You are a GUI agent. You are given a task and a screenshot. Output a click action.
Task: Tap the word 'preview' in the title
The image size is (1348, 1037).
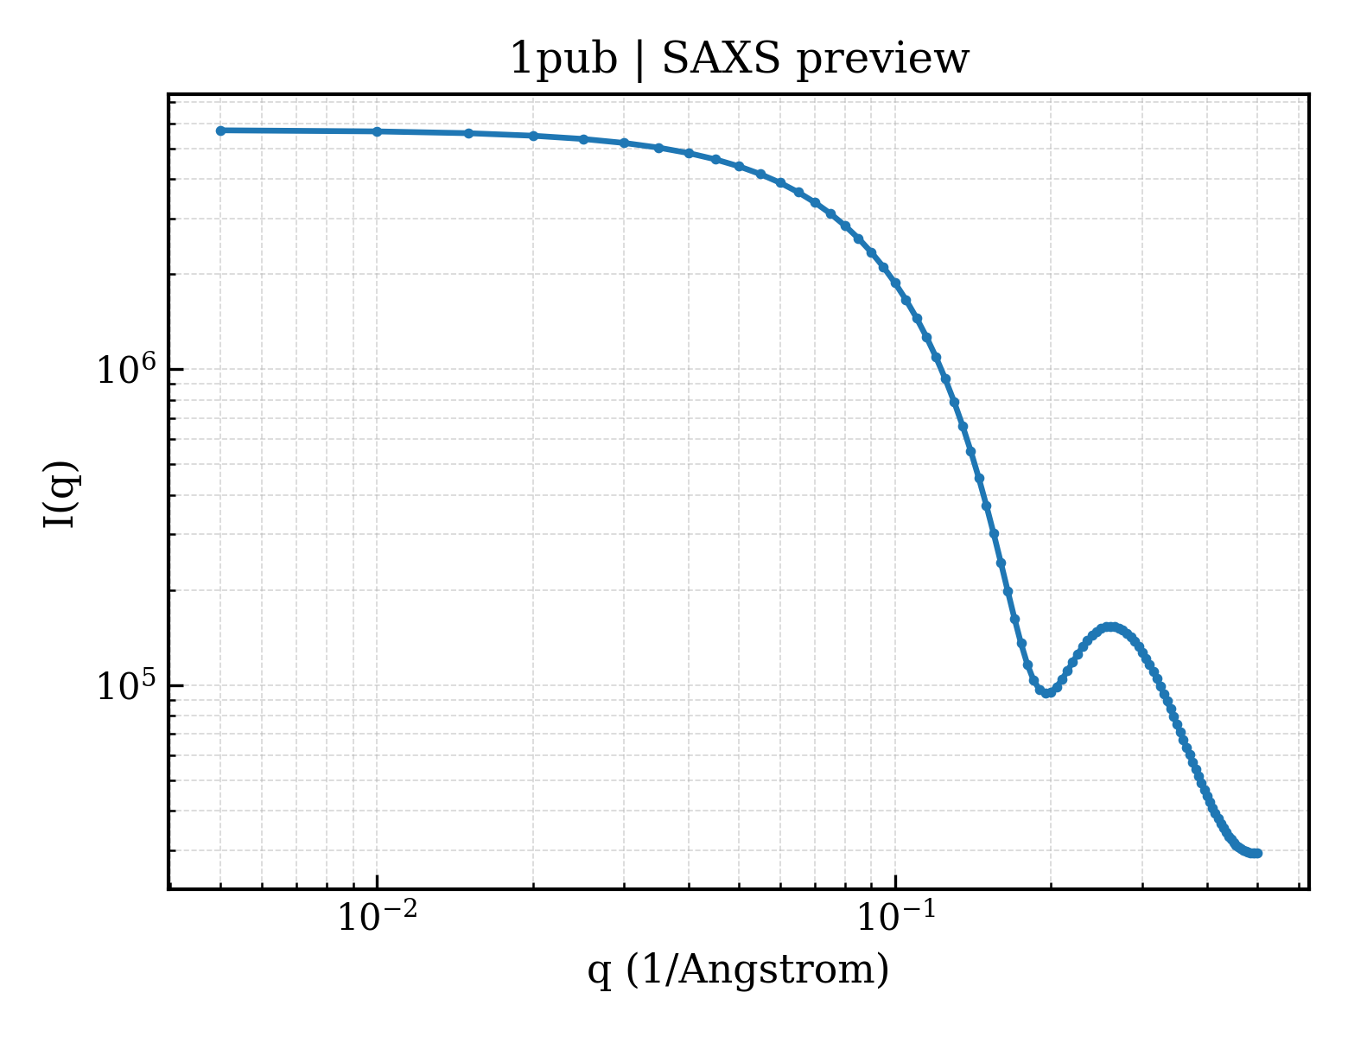(882, 61)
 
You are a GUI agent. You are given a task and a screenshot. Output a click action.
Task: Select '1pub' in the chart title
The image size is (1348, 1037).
(563, 60)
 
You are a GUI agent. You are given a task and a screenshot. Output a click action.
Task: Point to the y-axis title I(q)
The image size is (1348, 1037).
(60, 494)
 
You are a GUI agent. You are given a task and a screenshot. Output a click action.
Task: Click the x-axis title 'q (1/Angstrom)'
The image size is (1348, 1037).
(738, 970)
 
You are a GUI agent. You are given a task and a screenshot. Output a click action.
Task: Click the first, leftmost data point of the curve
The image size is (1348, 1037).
(221, 130)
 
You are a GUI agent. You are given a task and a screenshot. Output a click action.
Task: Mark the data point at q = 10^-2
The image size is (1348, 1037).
(377, 131)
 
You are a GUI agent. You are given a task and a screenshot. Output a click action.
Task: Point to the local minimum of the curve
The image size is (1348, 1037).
(1046, 693)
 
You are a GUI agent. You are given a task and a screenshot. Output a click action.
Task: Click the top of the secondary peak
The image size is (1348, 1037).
(1111, 627)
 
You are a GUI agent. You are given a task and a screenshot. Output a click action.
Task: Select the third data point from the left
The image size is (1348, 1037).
(469, 133)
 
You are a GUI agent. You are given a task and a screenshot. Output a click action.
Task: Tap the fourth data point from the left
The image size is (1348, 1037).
(533, 136)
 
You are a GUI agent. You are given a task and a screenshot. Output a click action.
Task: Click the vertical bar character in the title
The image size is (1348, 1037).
(639, 60)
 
